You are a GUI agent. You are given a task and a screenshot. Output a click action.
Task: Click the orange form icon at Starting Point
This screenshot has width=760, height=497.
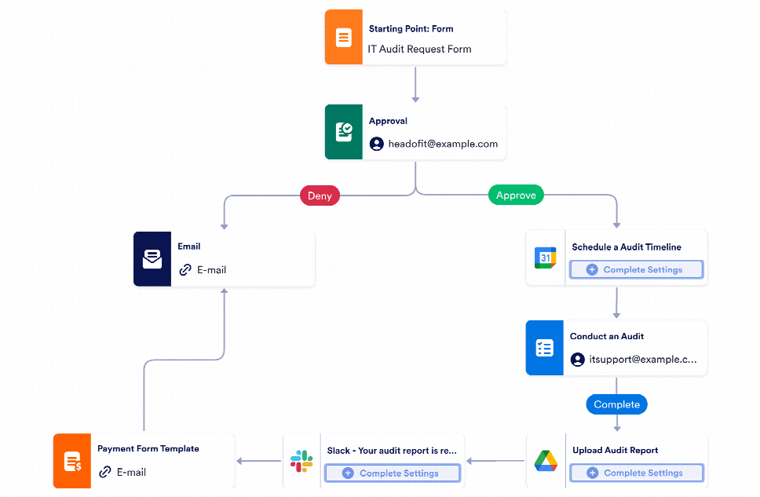pos(343,38)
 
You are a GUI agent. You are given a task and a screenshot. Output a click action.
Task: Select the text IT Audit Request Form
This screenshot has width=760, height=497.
pos(419,49)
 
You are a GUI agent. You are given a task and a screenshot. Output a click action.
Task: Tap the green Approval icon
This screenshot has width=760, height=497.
pos(343,132)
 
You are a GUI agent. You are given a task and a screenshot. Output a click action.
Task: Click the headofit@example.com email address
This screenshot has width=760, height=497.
pos(443,144)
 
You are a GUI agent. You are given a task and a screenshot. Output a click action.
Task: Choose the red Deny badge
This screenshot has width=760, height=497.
pos(320,196)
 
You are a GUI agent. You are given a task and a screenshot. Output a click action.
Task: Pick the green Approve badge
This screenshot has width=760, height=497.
pos(516,196)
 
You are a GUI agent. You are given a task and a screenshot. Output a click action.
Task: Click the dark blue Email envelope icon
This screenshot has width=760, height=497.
pos(152,258)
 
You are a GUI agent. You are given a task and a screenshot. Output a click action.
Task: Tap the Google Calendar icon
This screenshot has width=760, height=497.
pos(545,258)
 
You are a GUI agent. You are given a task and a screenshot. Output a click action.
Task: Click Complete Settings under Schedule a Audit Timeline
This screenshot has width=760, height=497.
pos(636,269)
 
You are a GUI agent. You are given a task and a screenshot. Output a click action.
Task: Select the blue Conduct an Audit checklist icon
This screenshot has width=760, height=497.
pos(545,348)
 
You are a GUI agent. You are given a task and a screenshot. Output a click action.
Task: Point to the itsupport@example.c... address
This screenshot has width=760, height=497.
pos(642,360)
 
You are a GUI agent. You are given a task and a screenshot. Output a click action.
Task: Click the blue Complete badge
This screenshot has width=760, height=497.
pos(616,404)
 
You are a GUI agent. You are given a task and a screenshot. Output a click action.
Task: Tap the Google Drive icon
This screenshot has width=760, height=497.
pos(545,461)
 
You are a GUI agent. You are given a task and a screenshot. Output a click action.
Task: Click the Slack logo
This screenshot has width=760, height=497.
pos(301,461)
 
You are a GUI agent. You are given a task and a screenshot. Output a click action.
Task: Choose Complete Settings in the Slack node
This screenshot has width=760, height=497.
pos(392,473)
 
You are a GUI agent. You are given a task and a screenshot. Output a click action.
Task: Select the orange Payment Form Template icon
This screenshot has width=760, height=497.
pos(71,461)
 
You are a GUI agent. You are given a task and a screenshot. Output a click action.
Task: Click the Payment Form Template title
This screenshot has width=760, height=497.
pos(148,449)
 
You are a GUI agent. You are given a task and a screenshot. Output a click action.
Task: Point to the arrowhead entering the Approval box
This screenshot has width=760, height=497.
pos(415,100)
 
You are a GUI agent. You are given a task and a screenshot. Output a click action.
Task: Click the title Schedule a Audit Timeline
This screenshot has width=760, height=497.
pos(626,247)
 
